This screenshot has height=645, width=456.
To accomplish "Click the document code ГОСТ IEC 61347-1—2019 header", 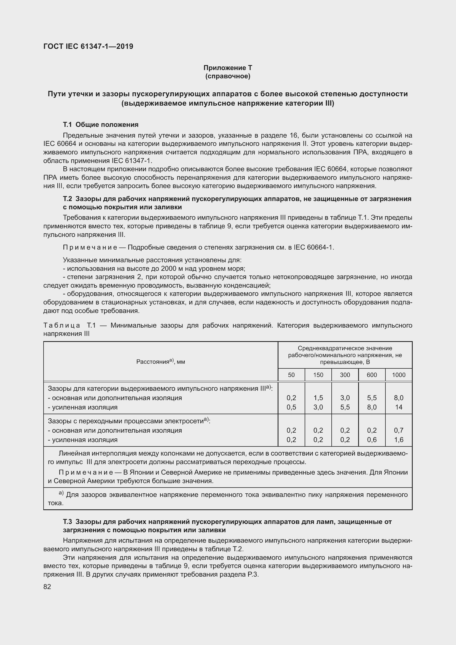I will point(88,46).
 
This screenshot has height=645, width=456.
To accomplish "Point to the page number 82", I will point(47,587).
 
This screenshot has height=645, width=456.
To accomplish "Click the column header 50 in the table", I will point(291,375).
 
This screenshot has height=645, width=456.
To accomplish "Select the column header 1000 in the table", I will point(398,375).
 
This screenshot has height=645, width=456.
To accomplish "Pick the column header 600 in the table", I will point(372,375).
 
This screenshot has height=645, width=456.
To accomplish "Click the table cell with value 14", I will point(398,407).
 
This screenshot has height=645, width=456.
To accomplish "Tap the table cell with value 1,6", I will point(398,440).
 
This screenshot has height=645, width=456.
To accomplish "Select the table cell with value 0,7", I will point(398,430).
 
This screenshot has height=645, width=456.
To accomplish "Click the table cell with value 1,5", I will point(318,398).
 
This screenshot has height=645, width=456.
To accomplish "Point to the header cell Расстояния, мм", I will point(161,362).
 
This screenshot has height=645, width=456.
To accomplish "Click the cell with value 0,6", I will point(372,440).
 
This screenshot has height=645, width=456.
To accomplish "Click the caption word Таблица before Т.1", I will point(62,325).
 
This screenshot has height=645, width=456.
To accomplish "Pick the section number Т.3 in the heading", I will point(68,522).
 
